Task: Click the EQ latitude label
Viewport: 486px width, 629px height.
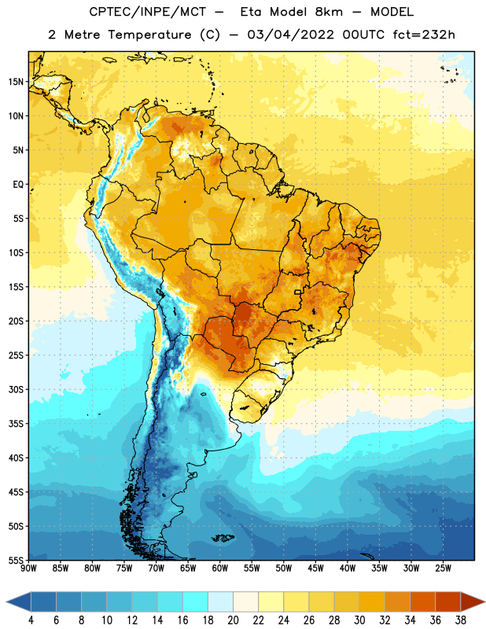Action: point(18,185)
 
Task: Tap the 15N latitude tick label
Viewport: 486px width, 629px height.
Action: point(16,82)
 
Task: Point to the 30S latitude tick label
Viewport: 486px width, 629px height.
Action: point(16,389)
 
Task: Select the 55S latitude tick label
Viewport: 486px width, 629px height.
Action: point(16,561)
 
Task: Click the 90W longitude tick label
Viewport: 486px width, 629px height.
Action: point(28,568)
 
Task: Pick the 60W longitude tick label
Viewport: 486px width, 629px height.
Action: point(220,568)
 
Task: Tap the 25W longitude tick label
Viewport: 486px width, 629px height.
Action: point(443,568)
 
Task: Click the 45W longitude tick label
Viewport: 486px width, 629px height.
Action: point(315,568)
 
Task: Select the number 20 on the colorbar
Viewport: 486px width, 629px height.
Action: point(233,620)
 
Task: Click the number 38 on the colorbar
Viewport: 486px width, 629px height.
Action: point(460,620)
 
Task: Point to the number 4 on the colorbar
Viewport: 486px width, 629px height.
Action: point(31,620)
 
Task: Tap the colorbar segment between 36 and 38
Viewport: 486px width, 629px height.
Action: point(448,601)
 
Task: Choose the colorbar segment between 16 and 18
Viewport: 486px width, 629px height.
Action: point(196,601)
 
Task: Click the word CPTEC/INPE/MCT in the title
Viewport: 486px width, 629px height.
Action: point(148,12)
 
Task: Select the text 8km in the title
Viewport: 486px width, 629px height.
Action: point(329,12)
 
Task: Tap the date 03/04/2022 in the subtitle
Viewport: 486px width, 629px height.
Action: point(290,35)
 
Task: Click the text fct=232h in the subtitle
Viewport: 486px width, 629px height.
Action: point(424,35)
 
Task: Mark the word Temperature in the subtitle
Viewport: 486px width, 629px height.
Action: point(149,35)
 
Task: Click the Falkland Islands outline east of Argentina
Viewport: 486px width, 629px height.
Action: point(223,538)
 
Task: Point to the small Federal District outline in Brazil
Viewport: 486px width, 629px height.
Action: point(298,292)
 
